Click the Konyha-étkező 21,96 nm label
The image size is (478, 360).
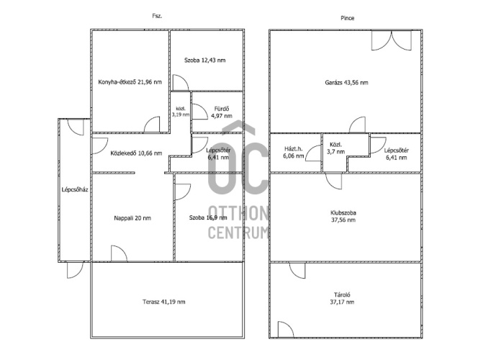[x=130, y=82]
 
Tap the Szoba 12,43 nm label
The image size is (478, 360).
[x=205, y=60]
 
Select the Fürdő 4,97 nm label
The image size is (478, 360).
[x=222, y=112]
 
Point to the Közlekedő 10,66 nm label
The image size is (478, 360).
[x=136, y=153]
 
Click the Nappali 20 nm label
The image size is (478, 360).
[x=132, y=218]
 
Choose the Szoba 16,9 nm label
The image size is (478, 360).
[x=208, y=217]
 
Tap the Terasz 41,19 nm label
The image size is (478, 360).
[x=164, y=302]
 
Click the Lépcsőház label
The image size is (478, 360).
[x=75, y=189]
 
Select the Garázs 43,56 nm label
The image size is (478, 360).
[x=346, y=83]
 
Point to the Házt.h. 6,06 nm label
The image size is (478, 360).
[x=294, y=153]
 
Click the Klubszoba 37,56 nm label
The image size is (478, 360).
[x=343, y=217]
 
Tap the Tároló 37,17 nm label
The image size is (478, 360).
[x=343, y=298]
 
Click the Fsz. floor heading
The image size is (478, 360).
[x=158, y=16]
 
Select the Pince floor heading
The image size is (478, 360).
[x=348, y=18]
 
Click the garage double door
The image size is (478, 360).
[x=392, y=40]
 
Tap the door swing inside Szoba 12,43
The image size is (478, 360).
[x=181, y=82]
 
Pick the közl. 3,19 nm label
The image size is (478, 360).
[x=181, y=112]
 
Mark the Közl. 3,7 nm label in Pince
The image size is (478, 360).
[x=337, y=148]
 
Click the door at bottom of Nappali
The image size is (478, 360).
[x=119, y=253]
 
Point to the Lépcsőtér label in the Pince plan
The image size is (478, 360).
[x=397, y=150]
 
